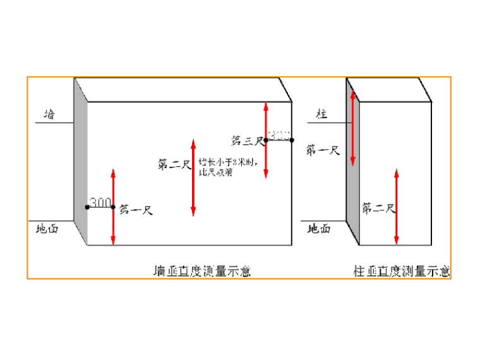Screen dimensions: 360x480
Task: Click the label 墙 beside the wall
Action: [49, 114]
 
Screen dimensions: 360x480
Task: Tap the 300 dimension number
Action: [100, 202]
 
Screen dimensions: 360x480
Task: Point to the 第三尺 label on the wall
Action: [246, 140]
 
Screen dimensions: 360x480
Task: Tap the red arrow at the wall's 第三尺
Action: [266, 140]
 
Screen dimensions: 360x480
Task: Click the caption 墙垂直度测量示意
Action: [202, 272]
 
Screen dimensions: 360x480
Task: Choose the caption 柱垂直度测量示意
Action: [401, 272]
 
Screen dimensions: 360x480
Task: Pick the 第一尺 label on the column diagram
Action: [323, 150]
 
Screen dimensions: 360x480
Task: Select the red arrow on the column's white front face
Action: [396, 207]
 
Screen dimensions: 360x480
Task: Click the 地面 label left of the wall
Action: [47, 229]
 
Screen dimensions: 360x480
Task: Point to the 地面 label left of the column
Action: [318, 229]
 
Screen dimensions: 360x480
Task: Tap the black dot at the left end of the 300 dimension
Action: [87, 207]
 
